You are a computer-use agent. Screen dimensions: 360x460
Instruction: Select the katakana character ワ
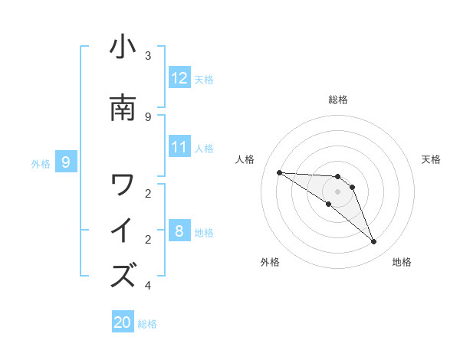(123, 185)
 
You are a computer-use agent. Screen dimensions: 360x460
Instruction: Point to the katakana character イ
(123, 231)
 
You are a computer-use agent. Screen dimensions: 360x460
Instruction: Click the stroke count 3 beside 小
(148, 56)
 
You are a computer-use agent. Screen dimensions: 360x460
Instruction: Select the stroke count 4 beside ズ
(148, 286)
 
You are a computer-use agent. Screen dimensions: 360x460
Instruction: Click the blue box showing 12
(179, 78)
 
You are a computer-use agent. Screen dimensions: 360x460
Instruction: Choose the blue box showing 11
(179, 147)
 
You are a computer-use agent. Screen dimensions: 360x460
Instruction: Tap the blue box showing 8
(179, 231)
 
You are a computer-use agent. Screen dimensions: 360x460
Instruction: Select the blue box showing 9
(66, 162)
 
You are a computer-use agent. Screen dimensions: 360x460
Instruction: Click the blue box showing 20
(123, 323)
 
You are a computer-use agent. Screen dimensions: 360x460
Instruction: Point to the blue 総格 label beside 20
(147, 324)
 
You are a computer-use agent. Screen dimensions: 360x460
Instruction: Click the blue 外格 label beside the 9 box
(41, 163)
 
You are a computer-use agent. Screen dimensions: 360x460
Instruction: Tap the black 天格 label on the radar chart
(432, 159)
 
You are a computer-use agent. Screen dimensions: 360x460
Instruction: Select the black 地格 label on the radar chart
(402, 262)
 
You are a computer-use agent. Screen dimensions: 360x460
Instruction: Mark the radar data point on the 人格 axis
(279, 172)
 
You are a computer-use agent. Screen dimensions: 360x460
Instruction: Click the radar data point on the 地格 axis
(374, 242)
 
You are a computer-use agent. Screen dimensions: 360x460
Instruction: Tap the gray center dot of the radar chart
(337, 191)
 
